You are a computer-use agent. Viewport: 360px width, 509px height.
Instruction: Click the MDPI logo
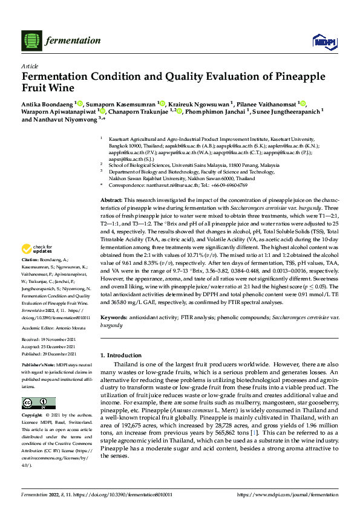pos(321,41)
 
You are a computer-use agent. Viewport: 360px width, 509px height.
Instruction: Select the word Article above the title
pos(30,66)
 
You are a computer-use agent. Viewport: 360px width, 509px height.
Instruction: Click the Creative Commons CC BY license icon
pos(36,403)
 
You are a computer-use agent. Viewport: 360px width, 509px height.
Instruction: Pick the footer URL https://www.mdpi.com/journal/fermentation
pos(287,494)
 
